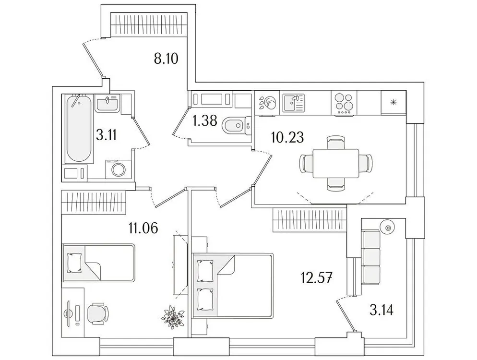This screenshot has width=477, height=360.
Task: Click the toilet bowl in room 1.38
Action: [x=233, y=126]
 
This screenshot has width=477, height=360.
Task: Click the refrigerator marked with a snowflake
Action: [x=393, y=102]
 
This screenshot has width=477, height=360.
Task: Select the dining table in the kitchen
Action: [x=335, y=163]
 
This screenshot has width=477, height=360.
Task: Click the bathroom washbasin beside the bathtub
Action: [x=108, y=104]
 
